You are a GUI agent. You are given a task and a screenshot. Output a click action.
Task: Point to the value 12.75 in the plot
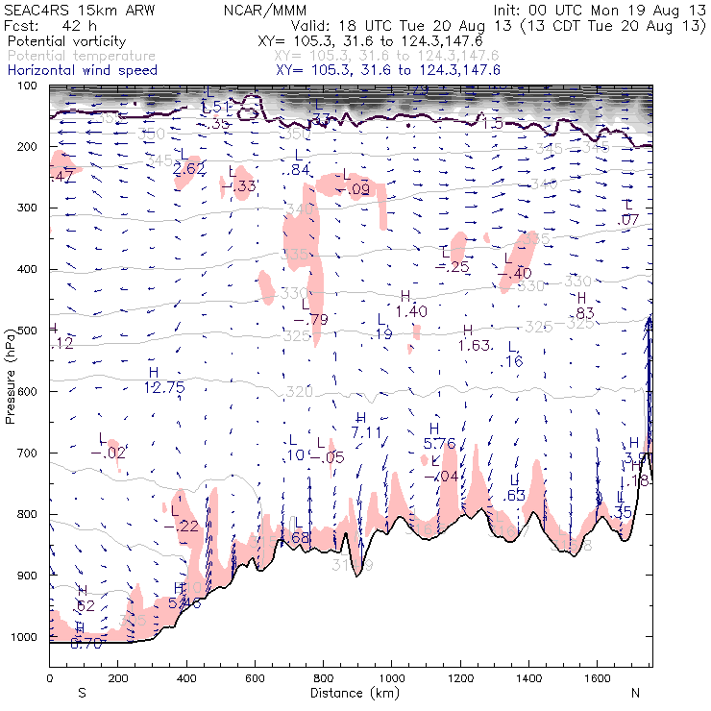(x=163, y=387)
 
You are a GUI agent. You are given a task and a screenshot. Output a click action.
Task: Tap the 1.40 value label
(x=411, y=310)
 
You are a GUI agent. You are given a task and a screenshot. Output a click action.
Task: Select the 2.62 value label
(x=189, y=168)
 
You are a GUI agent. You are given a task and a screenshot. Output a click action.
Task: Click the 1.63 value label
(x=475, y=345)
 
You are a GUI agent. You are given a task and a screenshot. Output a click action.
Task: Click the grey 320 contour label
(x=300, y=392)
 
